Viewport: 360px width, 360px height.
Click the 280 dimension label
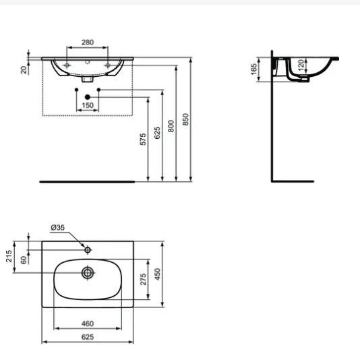(87, 42)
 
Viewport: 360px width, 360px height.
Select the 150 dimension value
(87, 106)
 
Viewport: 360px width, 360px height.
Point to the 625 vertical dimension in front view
(157, 132)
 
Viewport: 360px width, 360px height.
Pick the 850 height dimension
(186, 119)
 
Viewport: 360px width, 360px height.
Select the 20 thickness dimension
(24, 69)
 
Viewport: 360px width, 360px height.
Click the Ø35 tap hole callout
(59, 228)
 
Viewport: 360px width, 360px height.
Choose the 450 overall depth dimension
(157, 274)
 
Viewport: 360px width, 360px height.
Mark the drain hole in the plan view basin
(88, 272)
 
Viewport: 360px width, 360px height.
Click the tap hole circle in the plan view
(88, 249)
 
